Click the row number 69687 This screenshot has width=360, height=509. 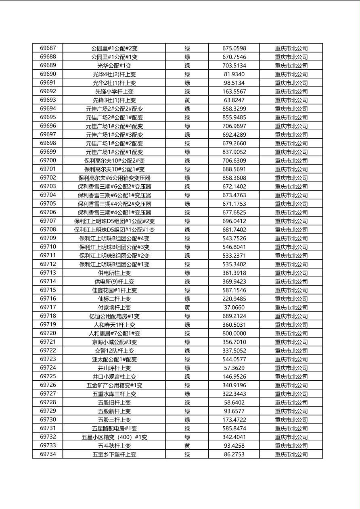(48, 48)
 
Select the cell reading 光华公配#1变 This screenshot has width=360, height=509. (114, 65)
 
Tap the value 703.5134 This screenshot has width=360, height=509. (234, 65)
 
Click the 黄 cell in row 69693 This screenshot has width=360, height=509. (187, 100)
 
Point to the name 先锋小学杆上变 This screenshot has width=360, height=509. (114, 92)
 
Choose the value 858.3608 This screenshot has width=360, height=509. (234, 178)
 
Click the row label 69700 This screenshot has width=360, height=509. (48, 161)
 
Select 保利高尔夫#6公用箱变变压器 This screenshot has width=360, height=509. (114, 178)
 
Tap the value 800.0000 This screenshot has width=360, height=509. (234, 334)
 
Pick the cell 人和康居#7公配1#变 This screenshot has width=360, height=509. (114, 334)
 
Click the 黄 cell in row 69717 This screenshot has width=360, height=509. (187, 307)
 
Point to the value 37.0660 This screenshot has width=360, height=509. (234, 307)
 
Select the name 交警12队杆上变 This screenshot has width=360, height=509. (114, 351)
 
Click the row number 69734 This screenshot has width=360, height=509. (48, 454)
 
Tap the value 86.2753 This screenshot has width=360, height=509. (234, 454)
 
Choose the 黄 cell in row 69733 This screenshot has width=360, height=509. (187, 446)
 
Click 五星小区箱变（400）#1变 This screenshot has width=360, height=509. (114, 437)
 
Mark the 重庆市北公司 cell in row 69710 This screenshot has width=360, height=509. (291, 247)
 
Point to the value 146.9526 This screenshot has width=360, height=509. (234, 377)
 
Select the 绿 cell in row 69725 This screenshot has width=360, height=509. (187, 377)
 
